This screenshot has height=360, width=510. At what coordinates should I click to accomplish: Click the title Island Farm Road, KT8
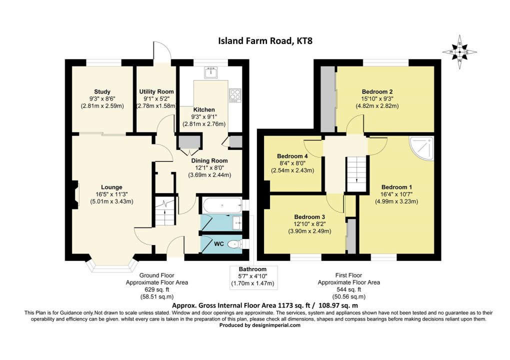pyautogui.click(x=254, y=40)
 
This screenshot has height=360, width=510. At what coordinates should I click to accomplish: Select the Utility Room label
pyautogui.click(x=156, y=91)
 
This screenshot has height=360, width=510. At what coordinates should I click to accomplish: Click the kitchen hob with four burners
pyautogui.click(x=234, y=94)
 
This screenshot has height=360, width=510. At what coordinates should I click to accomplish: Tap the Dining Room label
pyautogui.click(x=209, y=160)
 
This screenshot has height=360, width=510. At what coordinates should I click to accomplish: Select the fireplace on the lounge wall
pyautogui.click(x=75, y=194)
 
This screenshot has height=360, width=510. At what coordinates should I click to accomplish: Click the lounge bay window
pyautogui.click(x=111, y=267)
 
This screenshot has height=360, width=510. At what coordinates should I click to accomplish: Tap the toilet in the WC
pyautogui.click(x=233, y=244)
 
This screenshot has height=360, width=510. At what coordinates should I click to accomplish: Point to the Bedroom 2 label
pyautogui.click(x=377, y=91)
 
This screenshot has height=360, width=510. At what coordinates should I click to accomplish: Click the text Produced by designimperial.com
pyautogui.click(x=260, y=325)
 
